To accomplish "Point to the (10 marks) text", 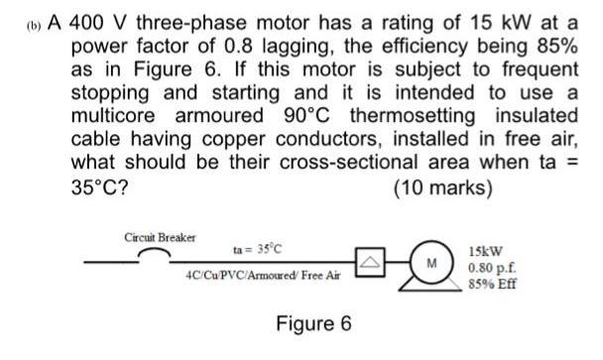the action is click(446, 186).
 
